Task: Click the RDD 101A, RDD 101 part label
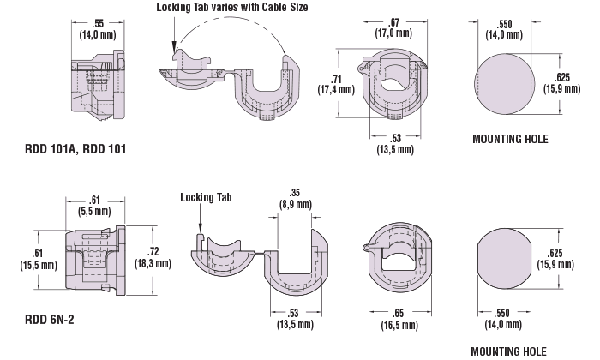[75, 149]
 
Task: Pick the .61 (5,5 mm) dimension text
[88, 205]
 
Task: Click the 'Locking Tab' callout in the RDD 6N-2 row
[207, 196]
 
